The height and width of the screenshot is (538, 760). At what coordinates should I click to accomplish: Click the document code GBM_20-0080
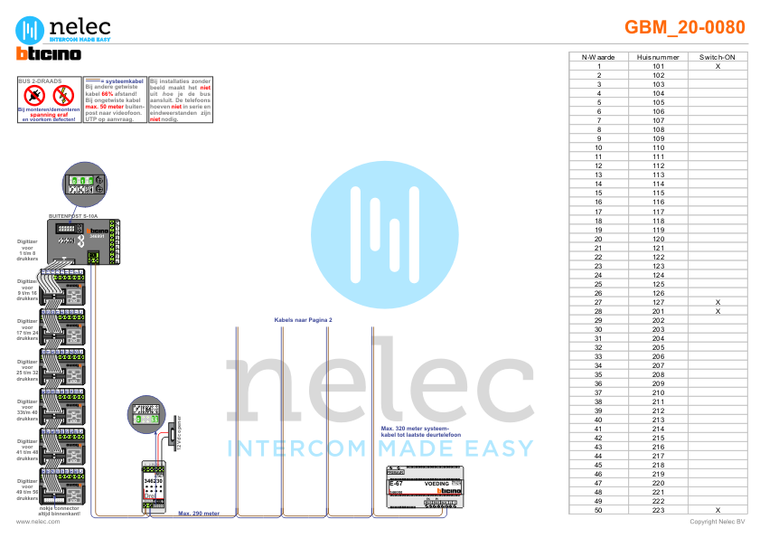tap(684, 27)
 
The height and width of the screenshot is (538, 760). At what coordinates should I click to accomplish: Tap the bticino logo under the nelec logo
tap(49, 54)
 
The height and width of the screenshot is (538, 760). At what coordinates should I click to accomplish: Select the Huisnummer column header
tap(657, 57)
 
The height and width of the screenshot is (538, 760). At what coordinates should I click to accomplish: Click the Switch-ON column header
tap(717, 57)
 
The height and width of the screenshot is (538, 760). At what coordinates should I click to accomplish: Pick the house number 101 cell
tap(657, 66)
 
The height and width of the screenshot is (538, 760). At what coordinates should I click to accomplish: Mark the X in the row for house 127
tap(717, 302)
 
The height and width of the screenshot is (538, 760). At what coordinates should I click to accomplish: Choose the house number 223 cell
tap(657, 510)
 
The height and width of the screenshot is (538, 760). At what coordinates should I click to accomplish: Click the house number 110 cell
tap(657, 147)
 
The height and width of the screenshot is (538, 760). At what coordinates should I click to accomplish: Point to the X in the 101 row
tap(717, 66)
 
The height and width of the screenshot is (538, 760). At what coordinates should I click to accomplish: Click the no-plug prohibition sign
tap(33, 94)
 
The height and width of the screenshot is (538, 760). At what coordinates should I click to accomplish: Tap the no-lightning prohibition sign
tap(62, 94)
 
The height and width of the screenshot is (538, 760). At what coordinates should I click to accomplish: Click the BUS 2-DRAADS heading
tap(40, 80)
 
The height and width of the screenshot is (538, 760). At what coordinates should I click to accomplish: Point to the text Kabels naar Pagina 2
tap(304, 320)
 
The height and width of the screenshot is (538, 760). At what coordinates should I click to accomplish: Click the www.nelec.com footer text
tap(38, 521)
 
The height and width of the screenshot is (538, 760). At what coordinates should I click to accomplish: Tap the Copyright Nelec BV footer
tap(717, 521)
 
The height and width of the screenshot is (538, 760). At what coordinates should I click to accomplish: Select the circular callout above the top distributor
tap(82, 184)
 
